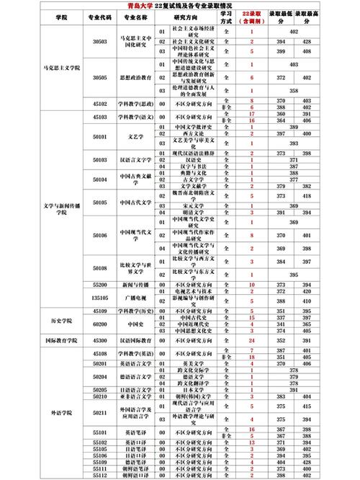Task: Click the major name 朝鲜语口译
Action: pos(135,476)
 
